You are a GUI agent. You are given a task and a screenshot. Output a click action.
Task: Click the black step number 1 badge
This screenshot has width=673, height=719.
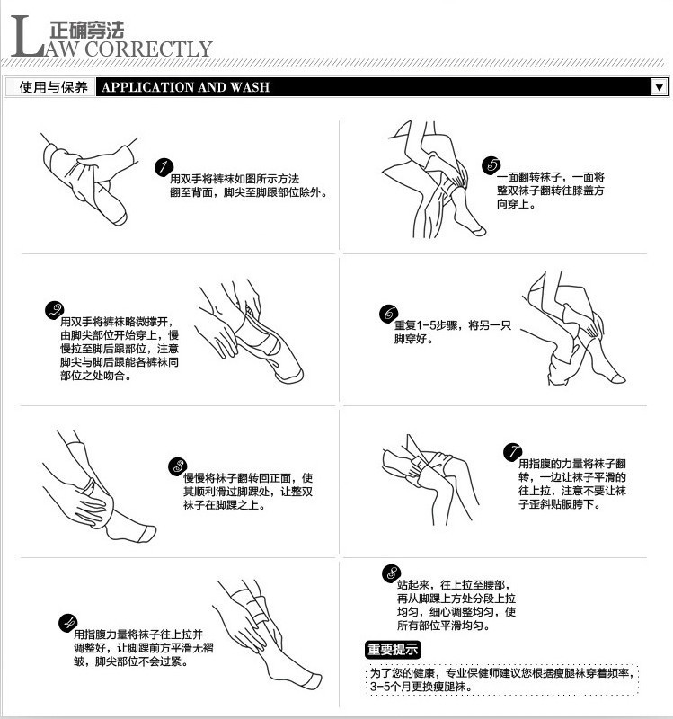[164, 167]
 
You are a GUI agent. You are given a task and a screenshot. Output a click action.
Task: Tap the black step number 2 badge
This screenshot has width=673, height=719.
[54, 310]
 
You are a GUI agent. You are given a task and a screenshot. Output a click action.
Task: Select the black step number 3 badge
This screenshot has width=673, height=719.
[177, 466]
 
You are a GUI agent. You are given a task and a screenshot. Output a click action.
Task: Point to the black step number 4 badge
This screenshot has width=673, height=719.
[68, 623]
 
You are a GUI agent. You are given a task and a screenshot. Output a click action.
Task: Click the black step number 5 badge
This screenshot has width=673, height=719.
[491, 165]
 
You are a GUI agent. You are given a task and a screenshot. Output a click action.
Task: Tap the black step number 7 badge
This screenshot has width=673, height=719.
[512, 452]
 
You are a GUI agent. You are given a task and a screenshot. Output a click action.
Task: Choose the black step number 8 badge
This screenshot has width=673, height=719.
[391, 573]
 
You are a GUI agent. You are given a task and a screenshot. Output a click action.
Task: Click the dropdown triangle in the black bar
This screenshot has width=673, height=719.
[659, 87]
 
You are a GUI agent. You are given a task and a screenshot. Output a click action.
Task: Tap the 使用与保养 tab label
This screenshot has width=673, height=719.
[53, 87]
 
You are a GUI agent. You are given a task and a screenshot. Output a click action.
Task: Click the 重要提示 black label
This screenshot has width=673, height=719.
[393, 649]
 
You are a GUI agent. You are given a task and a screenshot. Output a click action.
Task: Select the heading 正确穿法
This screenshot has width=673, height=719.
[86, 31]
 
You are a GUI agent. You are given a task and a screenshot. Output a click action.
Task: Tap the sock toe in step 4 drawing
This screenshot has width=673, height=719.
[314, 680]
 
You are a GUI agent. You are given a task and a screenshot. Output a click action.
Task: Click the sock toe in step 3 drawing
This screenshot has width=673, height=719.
[147, 534]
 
